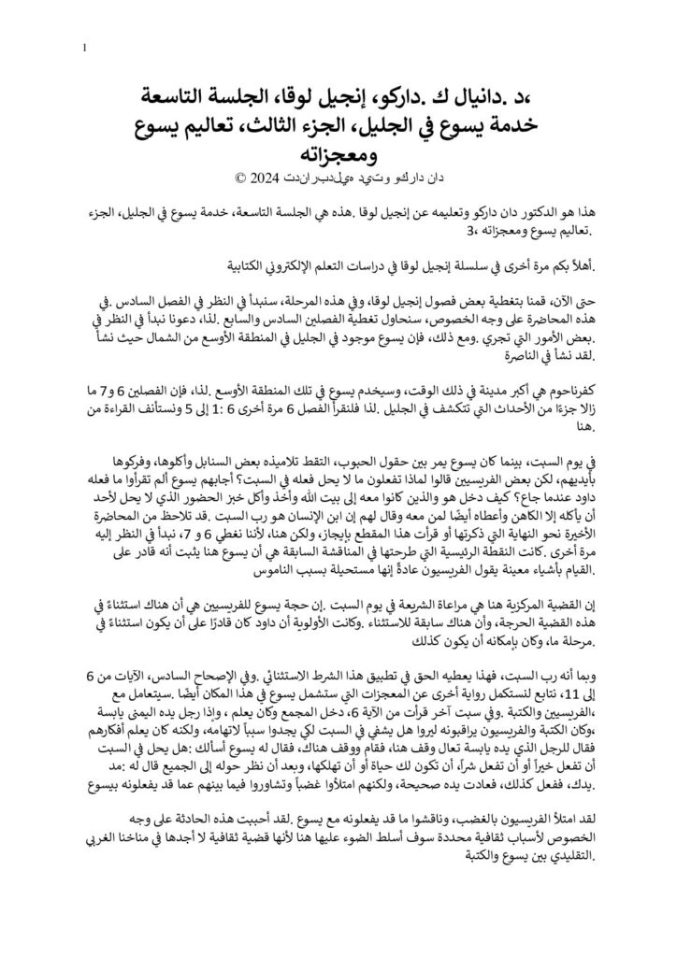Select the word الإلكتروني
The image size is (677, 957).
coord(202,270)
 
